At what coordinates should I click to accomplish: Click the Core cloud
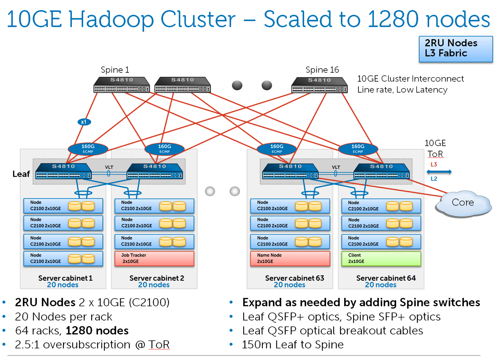click(463, 203)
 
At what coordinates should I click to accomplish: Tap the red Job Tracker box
click(154, 258)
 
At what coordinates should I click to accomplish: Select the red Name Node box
click(290, 258)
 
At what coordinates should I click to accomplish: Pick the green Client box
click(381, 258)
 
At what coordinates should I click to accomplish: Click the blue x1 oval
click(84, 122)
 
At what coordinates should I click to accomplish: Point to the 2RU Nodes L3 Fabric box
click(456, 49)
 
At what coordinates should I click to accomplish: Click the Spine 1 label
click(115, 70)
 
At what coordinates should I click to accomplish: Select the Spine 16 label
click(322, 70)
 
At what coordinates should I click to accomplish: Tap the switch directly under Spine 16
click(319, 84)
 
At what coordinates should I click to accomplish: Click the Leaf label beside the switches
click(21, 174)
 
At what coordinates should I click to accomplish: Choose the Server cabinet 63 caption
click(294, 278)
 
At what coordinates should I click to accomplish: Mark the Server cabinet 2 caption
click(157, 278)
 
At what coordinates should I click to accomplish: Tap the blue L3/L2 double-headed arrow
click(439, 172)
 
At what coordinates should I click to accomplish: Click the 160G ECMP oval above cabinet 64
click(358, 149)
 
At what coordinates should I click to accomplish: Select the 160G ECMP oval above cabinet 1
click(88, 149)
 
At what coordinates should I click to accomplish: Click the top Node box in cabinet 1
click(63, 206)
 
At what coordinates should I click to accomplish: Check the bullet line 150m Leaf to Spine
click(293, 345)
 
